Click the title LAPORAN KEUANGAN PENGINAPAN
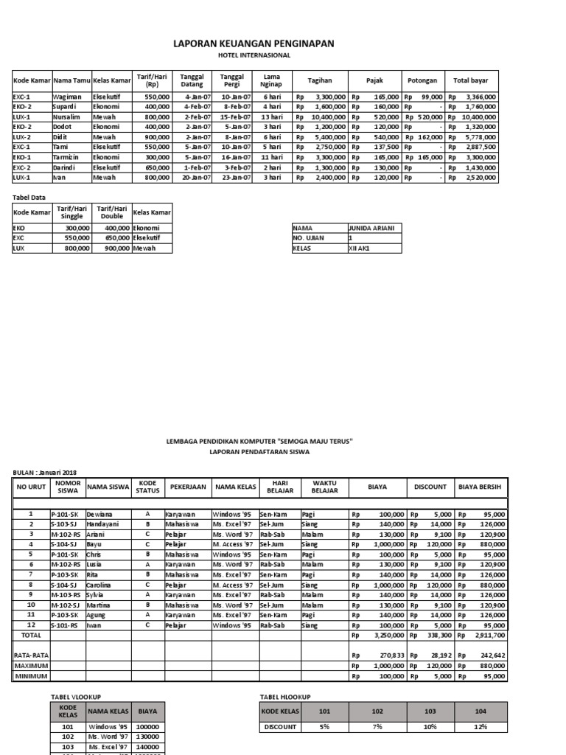[x=254, y=44]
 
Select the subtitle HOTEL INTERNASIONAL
[x=254, y=55]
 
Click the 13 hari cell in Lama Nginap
[x=271, y=116]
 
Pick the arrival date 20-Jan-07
[x=198, y=178]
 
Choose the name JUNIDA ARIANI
[x=371, y=229]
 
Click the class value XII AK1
[x=359, y=248]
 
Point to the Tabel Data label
[x=29, y=198]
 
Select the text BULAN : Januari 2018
[x=45, y=473]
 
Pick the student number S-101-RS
[x=65, y=624]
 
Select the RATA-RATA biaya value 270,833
[x=388, y=655]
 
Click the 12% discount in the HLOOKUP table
[x=481, y=727]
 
